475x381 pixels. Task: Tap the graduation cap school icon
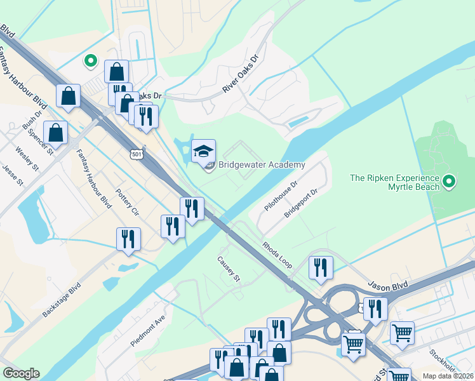[203, 151]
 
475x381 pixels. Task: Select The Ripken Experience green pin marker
[450, 183]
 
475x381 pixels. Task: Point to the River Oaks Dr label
[241, 74]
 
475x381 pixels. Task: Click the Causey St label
[229, 269]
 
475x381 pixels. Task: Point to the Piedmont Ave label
[147, 330]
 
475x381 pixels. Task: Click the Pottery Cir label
[127, 202]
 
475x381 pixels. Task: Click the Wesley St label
[27, 159]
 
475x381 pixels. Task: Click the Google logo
[21, 373]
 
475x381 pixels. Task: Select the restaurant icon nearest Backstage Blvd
[128, 239]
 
